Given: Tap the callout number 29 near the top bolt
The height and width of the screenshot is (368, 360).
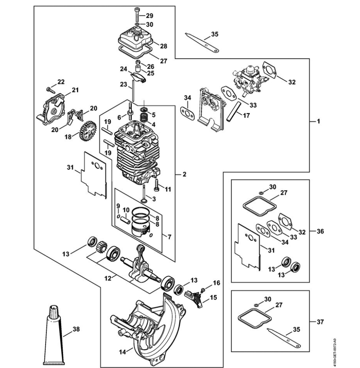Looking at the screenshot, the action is tap(149, 16).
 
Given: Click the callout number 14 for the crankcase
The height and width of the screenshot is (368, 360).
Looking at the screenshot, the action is tap(122, 352).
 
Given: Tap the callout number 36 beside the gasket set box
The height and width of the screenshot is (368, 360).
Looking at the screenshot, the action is tap(320, 232).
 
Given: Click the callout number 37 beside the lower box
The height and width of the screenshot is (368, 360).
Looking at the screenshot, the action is tap(320, 322).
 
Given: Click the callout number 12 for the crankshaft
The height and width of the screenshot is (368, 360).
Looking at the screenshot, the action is tap(108, 279).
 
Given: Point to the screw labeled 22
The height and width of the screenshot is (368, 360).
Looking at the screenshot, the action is tap(51, 89).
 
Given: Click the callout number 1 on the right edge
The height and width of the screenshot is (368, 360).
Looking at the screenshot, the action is tap(318, 121).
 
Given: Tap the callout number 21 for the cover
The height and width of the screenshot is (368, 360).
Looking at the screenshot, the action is tap(75, 90).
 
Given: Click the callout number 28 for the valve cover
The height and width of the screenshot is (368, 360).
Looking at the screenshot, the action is tap(164, 46).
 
